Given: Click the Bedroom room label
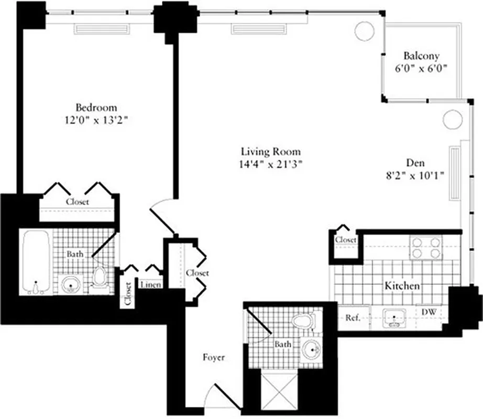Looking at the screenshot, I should tap(95, 108).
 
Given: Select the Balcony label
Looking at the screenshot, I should tap(421, 56).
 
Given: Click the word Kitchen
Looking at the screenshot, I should tap(402, 286).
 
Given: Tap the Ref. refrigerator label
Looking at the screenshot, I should tap(352, 317).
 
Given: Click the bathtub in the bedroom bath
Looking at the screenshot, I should tap(36, 262).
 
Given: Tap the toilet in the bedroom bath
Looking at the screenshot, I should tap(100, 278).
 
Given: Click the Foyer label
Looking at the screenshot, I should tap(214, 358).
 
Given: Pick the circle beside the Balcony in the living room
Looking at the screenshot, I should tap(364, 30).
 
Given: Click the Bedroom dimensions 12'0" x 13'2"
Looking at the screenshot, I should tap(95, 120).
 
